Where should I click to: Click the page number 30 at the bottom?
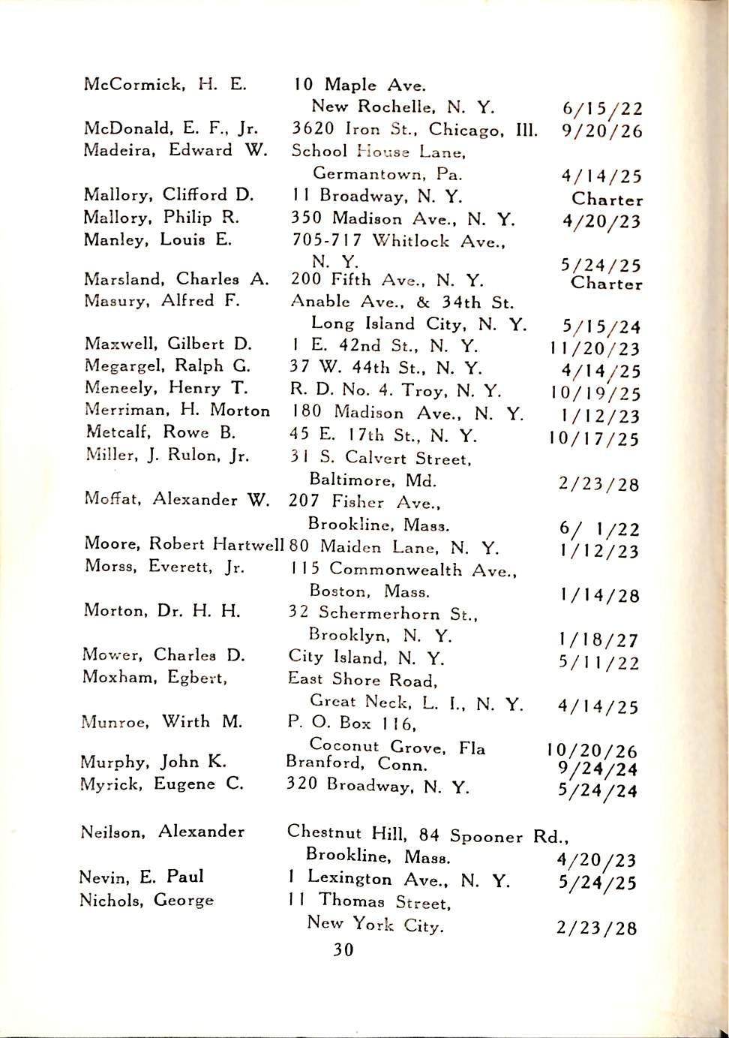[x=343, y=950]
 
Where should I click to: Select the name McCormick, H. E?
[x=165, y=83]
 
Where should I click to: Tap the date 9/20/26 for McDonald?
[x=602, y=131]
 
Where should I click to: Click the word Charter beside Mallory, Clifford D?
[x=607, y=200]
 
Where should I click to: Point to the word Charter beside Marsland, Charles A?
[x=606, y=284]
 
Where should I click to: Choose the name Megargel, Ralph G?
[x=168, y=366]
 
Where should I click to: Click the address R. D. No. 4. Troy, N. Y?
[x=395, y=390]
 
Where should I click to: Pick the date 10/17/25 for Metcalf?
[x=594, y=438]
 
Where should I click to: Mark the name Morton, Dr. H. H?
[x=162, y=611]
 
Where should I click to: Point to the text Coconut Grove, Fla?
[x=397, y=748]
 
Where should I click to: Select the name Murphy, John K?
[x=154, y=762]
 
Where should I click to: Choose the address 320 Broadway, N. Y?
[x=378, y=786]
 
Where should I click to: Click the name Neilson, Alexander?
[x=162, y=832]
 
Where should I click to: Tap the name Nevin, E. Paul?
[x=142, y=877]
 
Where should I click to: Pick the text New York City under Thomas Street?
[x=375, y=925]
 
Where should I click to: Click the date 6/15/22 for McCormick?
[x=602, y=109]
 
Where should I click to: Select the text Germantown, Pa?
[x=387, y=174]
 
